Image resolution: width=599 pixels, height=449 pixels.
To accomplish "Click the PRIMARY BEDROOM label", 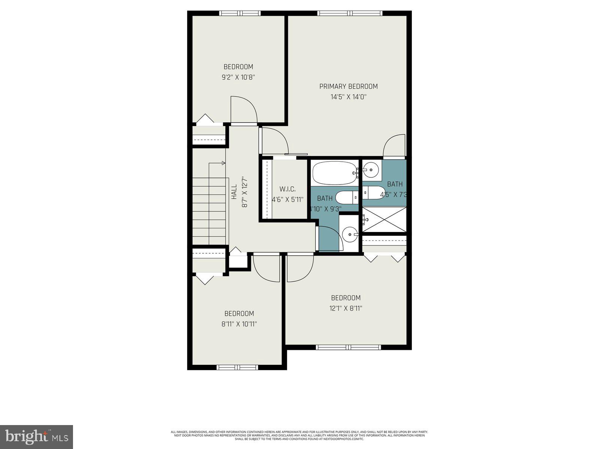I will (x=348, y=86).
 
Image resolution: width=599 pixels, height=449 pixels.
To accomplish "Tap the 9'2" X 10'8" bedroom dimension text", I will (x=238, y=77).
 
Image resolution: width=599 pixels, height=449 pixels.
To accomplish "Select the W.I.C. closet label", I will (x=287, y=189).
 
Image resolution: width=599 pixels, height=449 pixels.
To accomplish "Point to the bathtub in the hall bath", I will (x=335, y=173).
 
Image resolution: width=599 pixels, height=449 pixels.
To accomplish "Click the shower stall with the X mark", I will (x=384, y=220).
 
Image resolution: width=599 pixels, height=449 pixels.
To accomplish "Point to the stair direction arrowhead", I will (x=224, y=163).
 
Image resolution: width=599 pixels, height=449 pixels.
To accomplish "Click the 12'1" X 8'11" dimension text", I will (x=346, y=308).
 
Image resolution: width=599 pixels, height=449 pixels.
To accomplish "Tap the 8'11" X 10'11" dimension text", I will (x=239, y=324).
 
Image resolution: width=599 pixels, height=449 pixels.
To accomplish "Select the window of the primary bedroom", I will (x=350, y=13).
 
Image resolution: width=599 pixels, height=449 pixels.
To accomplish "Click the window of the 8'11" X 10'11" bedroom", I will (x=238, y=367).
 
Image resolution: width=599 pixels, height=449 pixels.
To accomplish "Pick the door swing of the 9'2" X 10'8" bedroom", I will (x=243, y=109).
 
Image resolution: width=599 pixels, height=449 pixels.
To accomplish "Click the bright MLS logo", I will (x=36, y=437).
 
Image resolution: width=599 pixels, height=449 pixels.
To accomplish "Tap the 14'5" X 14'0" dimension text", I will (x=348, y=97).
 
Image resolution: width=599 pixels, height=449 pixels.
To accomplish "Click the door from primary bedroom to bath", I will (x=394, y=146).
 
